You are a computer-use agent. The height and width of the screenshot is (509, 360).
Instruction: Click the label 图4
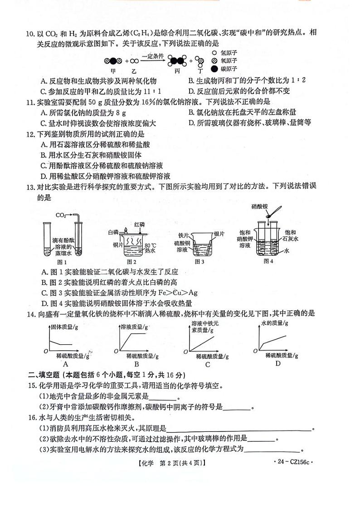268,261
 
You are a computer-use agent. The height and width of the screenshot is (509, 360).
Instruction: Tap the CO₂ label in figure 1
62,215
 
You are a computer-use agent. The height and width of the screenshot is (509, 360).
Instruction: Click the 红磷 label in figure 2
140,224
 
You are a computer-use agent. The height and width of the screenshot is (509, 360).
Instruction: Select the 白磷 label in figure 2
113,232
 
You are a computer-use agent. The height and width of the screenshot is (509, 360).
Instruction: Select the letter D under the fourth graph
277,363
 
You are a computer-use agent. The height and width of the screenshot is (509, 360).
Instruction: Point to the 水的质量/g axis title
273,323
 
